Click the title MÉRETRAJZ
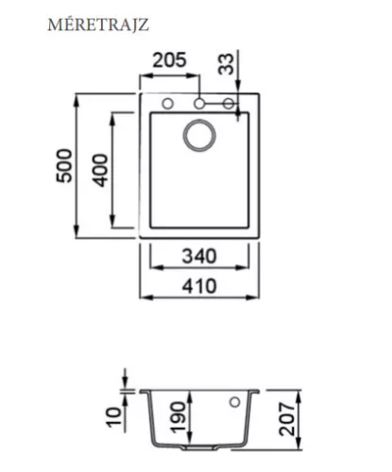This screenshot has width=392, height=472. point(98,25)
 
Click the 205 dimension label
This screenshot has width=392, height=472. point(169,60)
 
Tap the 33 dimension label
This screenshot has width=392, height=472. point(227,64)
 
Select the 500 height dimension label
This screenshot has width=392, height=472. point(64,165)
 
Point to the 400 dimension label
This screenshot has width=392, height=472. point(100,170)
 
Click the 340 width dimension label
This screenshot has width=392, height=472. point(199,256)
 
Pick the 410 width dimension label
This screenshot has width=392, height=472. point(199,286)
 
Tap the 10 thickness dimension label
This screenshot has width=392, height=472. point(113,417)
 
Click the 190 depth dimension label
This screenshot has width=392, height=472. point(178,417)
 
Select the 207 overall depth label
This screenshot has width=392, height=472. point(287,419)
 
